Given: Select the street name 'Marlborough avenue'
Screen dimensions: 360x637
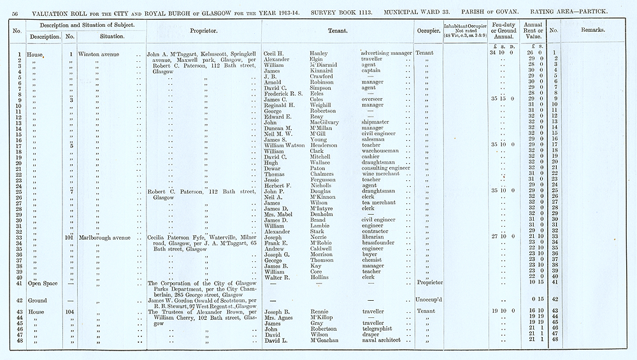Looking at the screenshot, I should pos(106,237).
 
